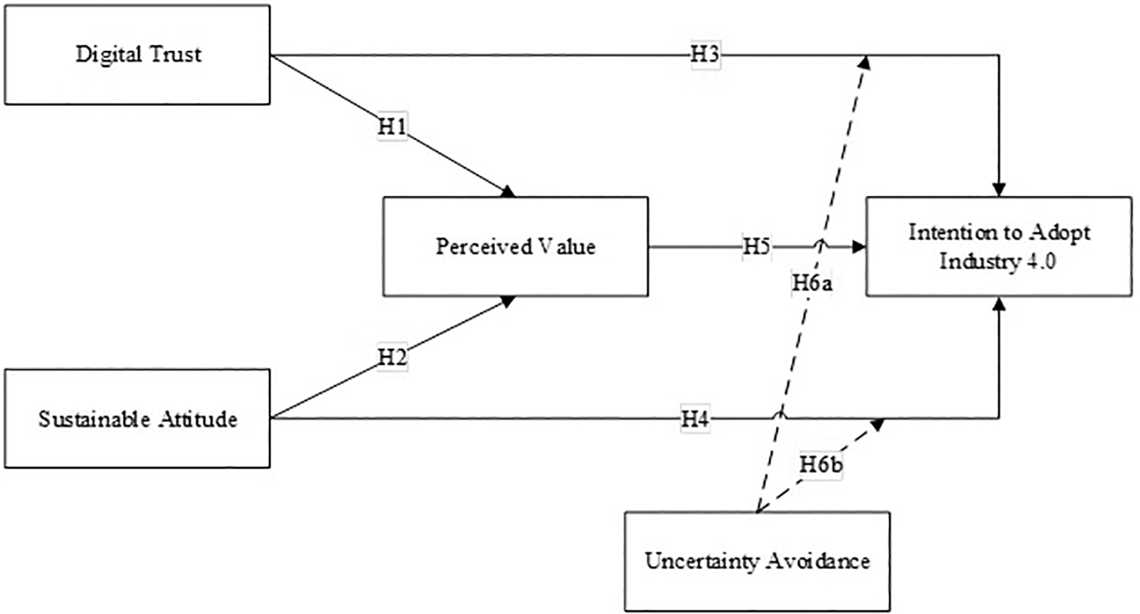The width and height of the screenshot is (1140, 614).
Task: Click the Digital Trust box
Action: coord(137,54)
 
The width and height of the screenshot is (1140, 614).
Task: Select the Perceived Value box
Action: coord(515,246)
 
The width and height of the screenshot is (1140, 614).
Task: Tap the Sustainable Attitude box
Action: coord(137,419)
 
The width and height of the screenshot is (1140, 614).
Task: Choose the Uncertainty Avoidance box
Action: coord(757,561)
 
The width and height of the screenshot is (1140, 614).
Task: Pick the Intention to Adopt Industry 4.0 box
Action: coord(998,246)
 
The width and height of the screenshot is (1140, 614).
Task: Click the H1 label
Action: coord(392,126)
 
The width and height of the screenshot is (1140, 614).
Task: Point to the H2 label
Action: coord(392,357)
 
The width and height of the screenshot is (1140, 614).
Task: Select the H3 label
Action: coord(705,54)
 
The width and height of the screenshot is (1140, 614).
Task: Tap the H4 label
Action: coord(695,419)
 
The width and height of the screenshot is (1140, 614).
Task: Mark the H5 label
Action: coord(756,246)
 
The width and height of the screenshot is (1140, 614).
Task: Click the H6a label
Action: coord(811,283)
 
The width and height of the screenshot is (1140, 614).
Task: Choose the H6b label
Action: coord(821,464)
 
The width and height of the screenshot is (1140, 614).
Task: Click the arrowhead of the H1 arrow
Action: coord(508,192)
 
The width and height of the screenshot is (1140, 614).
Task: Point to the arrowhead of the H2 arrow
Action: coord(508,301)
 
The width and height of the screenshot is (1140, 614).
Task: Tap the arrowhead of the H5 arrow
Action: coord(859,247)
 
